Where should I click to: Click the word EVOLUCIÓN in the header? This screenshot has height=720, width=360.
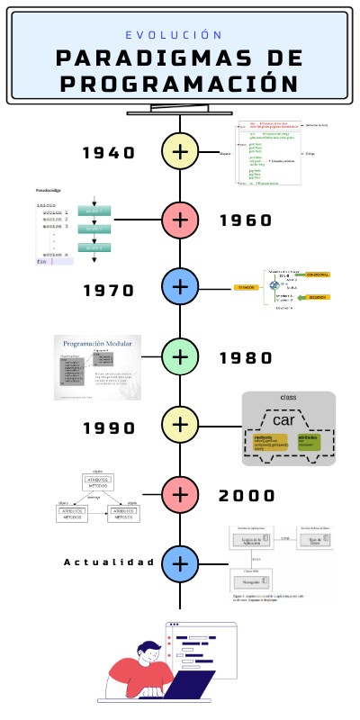point(174,35)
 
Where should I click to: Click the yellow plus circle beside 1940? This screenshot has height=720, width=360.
point(180,150)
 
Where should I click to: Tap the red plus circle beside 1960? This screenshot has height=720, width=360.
point(180,219)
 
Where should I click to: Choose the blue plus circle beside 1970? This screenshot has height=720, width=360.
point(180,287)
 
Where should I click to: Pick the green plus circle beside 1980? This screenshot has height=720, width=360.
point(180,355)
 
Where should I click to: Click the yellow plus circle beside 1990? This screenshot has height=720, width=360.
point(180,424)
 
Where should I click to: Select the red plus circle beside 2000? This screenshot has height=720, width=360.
point(180,493)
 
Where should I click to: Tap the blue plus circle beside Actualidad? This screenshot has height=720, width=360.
point(180,562)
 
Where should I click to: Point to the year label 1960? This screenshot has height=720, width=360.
point(246,220)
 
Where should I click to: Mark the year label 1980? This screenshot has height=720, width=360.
point(246,358)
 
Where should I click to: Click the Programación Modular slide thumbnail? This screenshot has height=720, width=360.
point(98,366)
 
